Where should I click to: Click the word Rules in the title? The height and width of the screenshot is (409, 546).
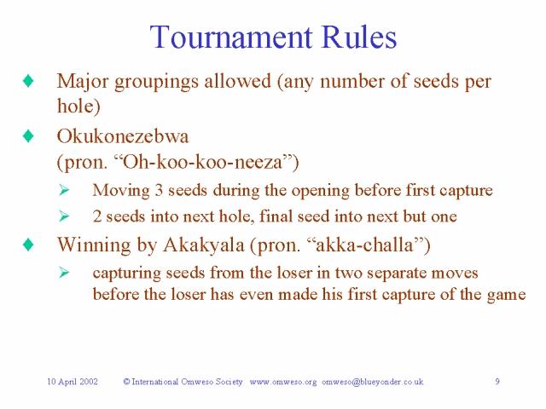point(357,37)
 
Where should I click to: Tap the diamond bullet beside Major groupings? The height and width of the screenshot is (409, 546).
point(28,82)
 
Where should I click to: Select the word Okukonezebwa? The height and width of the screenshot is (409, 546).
point(122,136)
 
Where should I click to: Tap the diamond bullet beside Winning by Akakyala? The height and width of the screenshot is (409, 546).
point(28,245)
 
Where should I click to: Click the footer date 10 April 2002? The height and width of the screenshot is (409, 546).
point(72,382)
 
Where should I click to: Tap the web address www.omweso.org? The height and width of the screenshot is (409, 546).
point(283,382)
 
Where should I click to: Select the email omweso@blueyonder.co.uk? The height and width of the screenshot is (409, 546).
point(373,382)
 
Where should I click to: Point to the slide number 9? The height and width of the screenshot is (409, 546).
point(497,382)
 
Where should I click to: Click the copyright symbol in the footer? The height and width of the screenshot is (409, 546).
point(126,382)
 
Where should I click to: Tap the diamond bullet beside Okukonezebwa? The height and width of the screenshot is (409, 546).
point(28,136)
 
